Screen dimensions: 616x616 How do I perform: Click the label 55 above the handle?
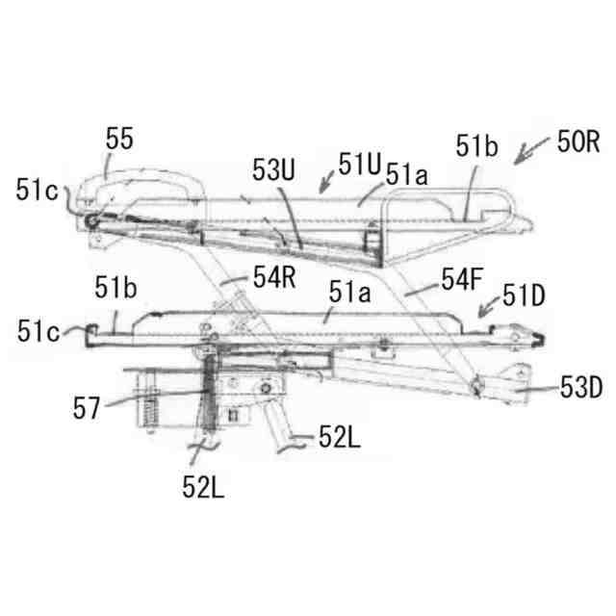[x=120, y=141]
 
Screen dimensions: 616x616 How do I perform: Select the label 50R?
[x=578, y=143]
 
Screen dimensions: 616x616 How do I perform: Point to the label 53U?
[x=274, y=168]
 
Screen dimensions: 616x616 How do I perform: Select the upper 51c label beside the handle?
[x=36, y=189]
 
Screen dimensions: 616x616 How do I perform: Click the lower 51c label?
[x=37, y=331]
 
